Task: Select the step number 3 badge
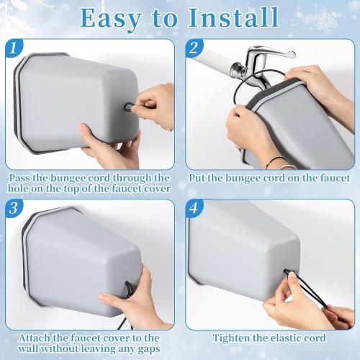(x=13, y=209)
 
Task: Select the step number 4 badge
(x=192, y=209)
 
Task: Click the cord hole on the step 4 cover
(x=287, y=272)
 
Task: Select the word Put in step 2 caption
(x=197, y=177)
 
